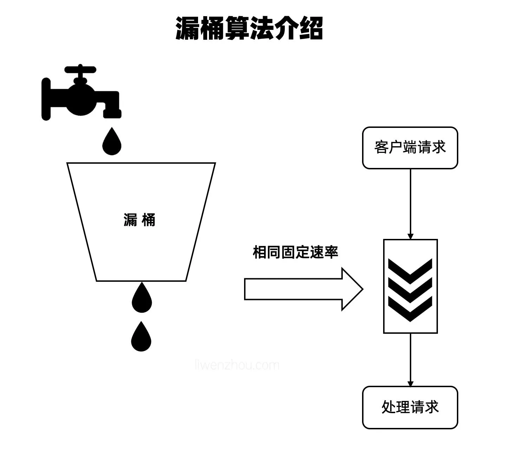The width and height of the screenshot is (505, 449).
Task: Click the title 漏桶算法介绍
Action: coord(249,28)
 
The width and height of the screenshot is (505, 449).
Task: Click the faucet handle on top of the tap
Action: coord(80,69)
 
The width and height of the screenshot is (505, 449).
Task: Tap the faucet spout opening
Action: coord(112,115)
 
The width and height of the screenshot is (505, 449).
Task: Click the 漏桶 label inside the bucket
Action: coord(139,220)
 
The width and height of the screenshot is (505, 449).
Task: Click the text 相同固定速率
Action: coord(295,252)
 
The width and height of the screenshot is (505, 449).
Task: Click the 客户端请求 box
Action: coord(410,148)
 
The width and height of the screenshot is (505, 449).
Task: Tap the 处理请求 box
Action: coord(410,408)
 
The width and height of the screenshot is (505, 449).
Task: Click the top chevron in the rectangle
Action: coord(410,270)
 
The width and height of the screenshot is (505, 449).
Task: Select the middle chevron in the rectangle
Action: coord(410,289)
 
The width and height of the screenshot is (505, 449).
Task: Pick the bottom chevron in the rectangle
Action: coord(410,308)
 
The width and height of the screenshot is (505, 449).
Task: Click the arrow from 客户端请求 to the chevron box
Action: coord(410,204)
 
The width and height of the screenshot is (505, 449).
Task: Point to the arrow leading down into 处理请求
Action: coord(410,360)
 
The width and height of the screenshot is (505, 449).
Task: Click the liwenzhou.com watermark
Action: coord(237,365)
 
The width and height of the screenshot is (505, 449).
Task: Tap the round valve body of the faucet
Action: coord(82,99)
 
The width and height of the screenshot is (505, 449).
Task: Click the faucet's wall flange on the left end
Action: coord(46,99)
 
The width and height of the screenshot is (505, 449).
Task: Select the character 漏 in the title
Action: coord(188,28)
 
